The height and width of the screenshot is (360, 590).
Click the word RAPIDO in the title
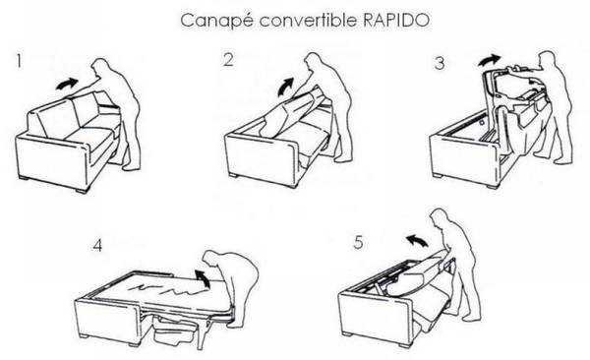(x=396, y=20)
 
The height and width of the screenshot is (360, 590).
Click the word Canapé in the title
(x=216, y=21)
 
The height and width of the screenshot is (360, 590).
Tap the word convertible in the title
(x=308, y=20)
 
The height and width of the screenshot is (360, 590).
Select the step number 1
(x=19, y=61)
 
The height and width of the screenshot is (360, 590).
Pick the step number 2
(x=228, y=60)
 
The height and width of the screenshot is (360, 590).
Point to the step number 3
(x=440, y=63)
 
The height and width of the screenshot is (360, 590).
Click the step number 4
(x=97, y=245)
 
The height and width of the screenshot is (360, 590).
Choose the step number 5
(x=359, y=242)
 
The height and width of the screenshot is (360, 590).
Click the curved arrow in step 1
(x=67, y=84)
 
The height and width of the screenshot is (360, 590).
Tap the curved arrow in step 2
(x=284, y=88)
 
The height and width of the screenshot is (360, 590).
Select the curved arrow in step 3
(x=490, y=59)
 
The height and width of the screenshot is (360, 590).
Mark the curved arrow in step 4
(x=204, y=278)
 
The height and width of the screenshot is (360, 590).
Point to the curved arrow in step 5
(x=417, y=240)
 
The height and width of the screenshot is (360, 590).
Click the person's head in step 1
(x=101, y=68)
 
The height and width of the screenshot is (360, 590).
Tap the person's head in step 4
(x=213, y=261)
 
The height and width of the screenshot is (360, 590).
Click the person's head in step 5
(x=440, y=218)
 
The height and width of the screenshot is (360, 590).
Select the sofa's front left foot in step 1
(x=83, y=191)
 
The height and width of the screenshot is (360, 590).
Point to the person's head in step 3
(x=548, y=61)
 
